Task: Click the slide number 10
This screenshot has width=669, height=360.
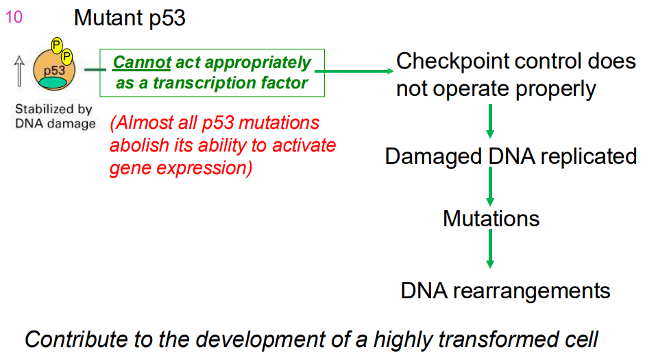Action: pyautogui.click(x=14, y=16)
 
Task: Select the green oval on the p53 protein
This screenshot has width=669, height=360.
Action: pyautogui.click(x=53, y=82)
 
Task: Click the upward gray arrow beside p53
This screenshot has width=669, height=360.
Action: pyautogui.click(x=19, y=71)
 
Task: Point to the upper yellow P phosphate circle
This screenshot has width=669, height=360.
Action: pyautogui.click(x=57, y=47)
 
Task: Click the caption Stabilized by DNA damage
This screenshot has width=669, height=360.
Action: pyautogui.click(x=54, y=117)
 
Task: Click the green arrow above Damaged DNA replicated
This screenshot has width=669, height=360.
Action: pyautogui.click(x=490, y=121)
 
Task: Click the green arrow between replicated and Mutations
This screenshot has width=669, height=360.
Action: pyautogui.click(x=490, y=187)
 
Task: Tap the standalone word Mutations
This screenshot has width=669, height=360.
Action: pyautogui.click(x=491, y=219)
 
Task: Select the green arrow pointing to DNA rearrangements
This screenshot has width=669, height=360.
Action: pyautogui.click(x=490, y=250)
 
